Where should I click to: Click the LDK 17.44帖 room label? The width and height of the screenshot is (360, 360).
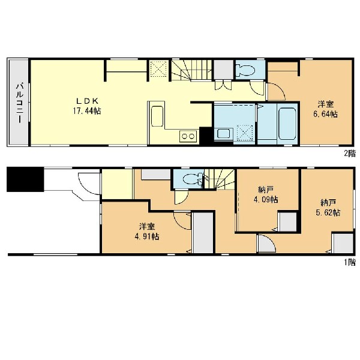pyautogui.click(x=87, y=106)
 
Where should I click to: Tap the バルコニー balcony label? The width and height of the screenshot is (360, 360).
pyautogui.click(x=19, y=103)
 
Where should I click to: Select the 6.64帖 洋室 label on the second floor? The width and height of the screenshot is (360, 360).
pyautogui.click(x=326, y=109)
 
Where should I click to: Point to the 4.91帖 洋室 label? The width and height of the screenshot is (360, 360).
pyautogui.click(x=147, y=232)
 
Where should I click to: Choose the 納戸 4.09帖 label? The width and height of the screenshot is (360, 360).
pyautogui.click(x=266, y=194)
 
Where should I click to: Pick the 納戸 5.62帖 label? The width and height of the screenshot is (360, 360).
pyautogui.click(x=328, y=208)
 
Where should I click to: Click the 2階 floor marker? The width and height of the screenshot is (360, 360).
pyautogui.click(x=350, y=153)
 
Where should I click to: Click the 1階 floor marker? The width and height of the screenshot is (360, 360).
pyautogui.click(x=350, y=262)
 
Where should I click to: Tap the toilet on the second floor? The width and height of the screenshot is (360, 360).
pyautogui.click(x=247, y=70)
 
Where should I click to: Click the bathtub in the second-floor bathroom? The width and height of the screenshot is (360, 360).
pyautogui.click(x=287, y=124)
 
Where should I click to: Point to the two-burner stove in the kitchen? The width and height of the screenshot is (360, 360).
pyautogui.click(x=188, y=136)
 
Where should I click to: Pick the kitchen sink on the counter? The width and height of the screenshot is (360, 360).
pyautogui.click(x=157, y=116)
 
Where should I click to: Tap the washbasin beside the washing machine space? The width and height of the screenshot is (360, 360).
pyautogui.click(x=224, y=134)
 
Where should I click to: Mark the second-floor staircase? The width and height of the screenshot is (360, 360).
pyautogui.click(x=192, y=70)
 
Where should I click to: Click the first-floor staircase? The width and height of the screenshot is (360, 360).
pyautogui.click(x=219, y=179)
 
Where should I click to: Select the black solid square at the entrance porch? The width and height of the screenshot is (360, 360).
pyautogui.click(x=25, y=179)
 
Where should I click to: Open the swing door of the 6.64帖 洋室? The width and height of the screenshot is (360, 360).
pyautogui.click(x=277, y=92)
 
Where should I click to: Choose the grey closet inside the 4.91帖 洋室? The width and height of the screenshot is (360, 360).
pyautogui.click(x=203, y=233)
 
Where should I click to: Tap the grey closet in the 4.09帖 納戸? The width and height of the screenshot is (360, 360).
pyautogui.click(x=287, y=222)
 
